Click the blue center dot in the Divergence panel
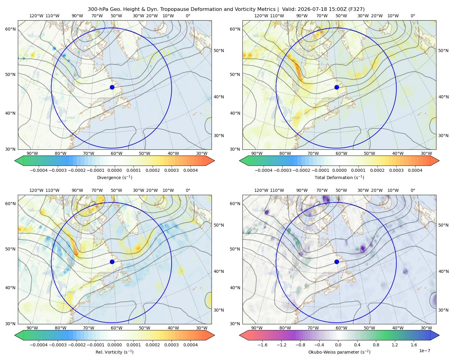point(112,87)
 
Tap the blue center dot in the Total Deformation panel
point(337,87)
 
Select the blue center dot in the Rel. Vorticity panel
point(112,262)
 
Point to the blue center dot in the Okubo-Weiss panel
point(337,262)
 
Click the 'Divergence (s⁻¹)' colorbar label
point(114,178)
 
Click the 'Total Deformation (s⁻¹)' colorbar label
point(339,178)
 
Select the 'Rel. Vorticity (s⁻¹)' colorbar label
point(114,352)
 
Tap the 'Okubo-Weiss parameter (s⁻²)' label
point(339,352)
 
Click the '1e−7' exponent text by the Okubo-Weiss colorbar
point(424,351)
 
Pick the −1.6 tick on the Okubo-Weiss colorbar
point(262,345)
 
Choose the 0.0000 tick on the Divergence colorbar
point(114,170)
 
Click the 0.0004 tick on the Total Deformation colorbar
point(415,170)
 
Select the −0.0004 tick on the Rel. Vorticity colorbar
point(39,345)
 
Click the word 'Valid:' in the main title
point(289,9)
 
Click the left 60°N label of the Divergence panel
point(10,29)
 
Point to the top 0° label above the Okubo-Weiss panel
point(413,190)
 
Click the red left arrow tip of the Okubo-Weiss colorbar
point(240,335)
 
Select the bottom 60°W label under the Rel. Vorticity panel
point(117,328)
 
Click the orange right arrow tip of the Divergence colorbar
point(214,161)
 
